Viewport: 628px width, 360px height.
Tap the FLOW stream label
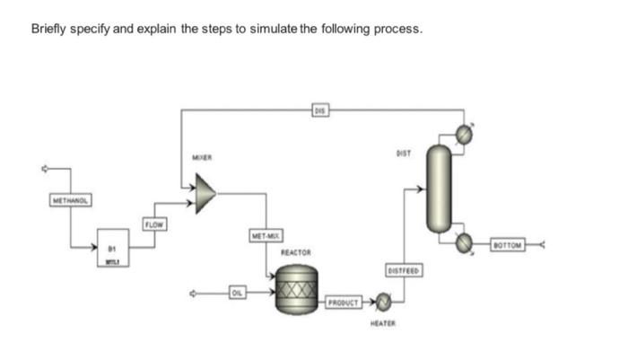point(155,223)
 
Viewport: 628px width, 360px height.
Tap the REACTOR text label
point(295,253)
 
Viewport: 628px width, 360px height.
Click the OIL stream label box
point(237,292)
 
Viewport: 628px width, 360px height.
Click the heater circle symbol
point(384,301)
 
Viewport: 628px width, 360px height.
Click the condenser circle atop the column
point(463,134)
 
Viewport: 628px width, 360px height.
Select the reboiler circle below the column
point(463,242)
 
